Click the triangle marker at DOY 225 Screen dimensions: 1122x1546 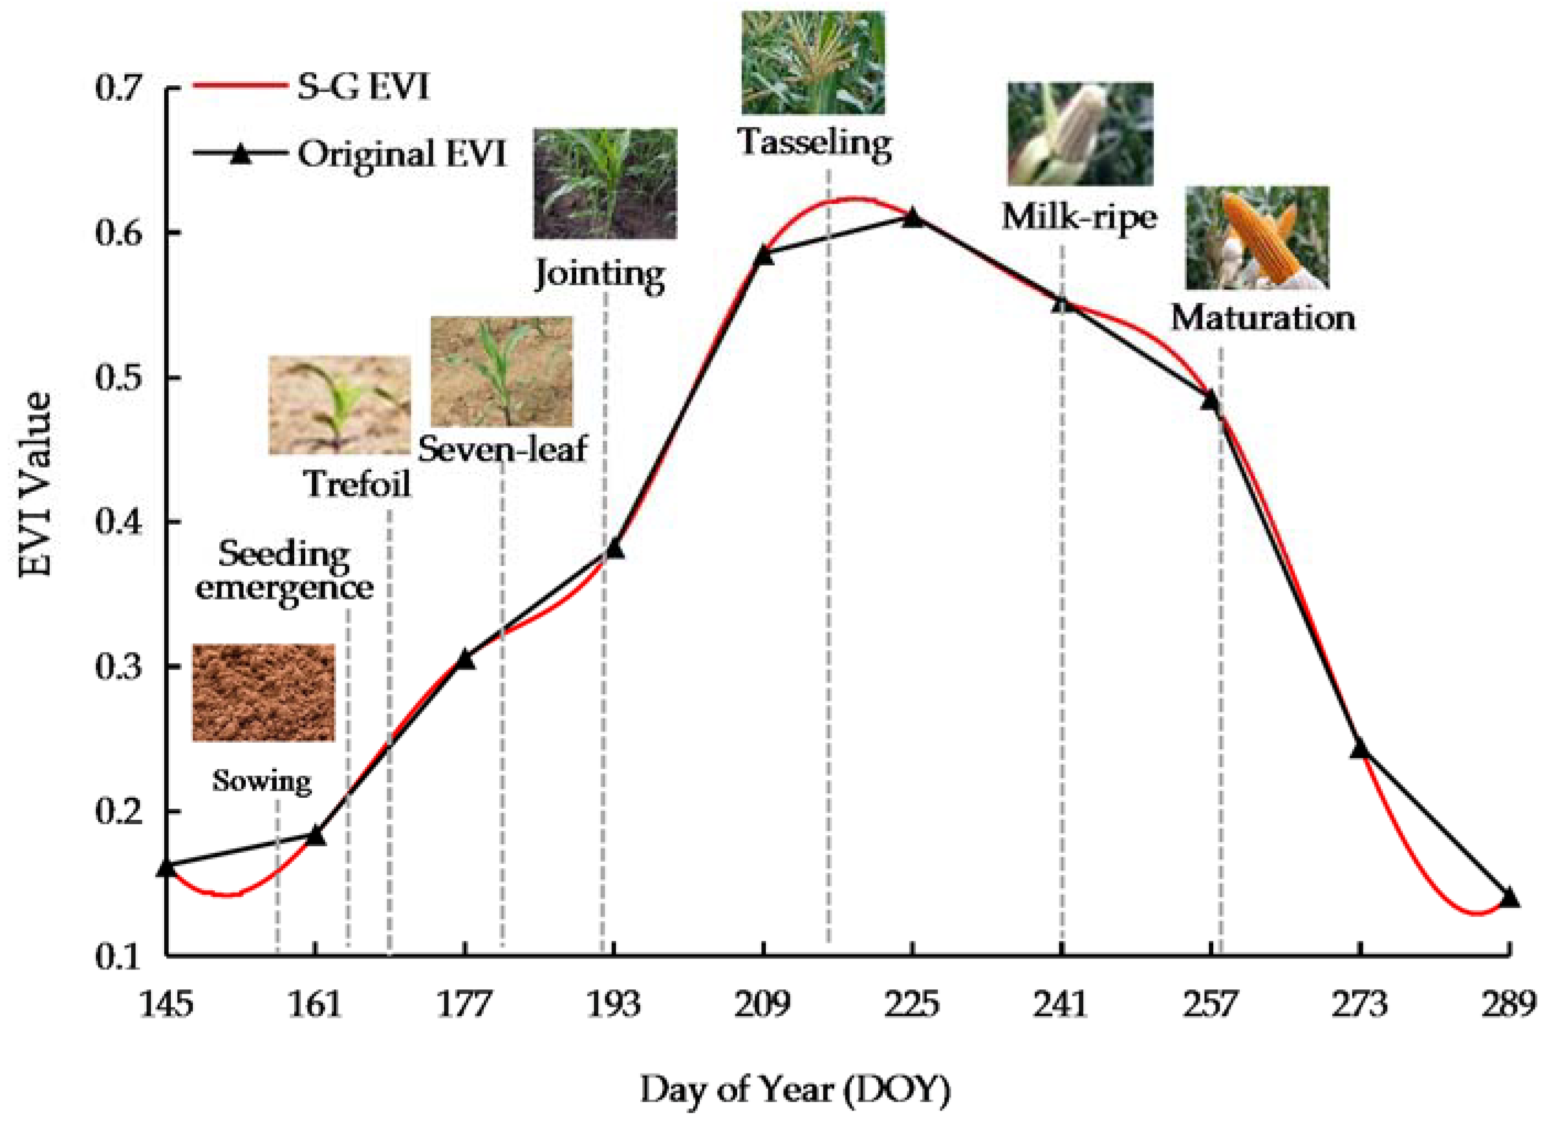[x=913, y=218]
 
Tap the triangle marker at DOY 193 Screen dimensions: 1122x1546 [x=614, y=549]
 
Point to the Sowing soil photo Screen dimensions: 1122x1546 [x=264, y=692]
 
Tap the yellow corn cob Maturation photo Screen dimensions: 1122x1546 [x=1257, y=237]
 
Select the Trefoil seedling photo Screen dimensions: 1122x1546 [x=339, y=405]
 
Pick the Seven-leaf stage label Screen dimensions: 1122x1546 [x=502, y=449]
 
